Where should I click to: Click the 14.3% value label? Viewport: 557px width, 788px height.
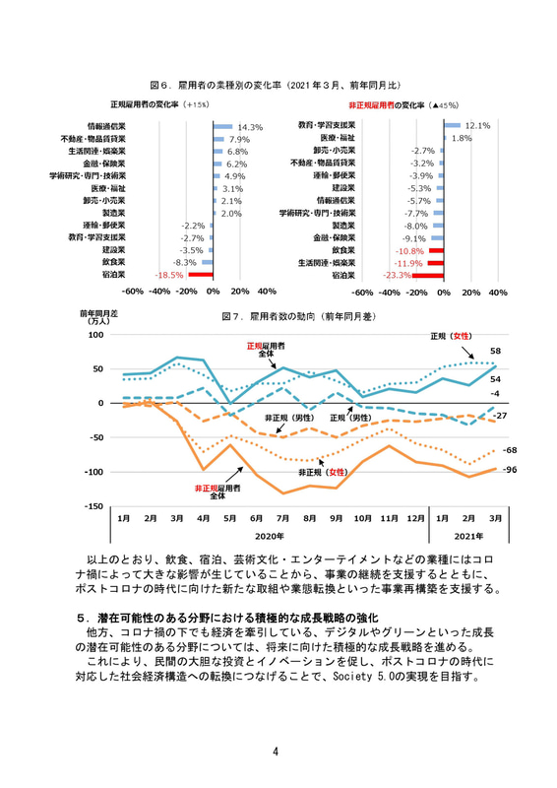pos(250,127)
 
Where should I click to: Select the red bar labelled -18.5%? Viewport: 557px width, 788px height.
pos(200,277)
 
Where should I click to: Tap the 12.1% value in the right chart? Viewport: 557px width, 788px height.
pos(477,126)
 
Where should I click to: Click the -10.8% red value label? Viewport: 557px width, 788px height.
pos(406,251)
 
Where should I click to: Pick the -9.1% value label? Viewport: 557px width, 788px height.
pos(414,238)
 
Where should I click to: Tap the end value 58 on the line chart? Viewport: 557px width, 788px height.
pos(496,351)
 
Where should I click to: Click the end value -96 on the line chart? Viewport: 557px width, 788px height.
pos(510,471)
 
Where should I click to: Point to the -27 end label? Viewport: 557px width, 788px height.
pos(499,417)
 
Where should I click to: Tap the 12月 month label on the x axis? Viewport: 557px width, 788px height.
pos(414,518)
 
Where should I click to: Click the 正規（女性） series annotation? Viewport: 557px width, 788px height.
pos(453,336)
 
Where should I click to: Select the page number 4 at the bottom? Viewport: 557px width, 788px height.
pos(278,755)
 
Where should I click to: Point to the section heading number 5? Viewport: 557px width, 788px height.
pos(82,617)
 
